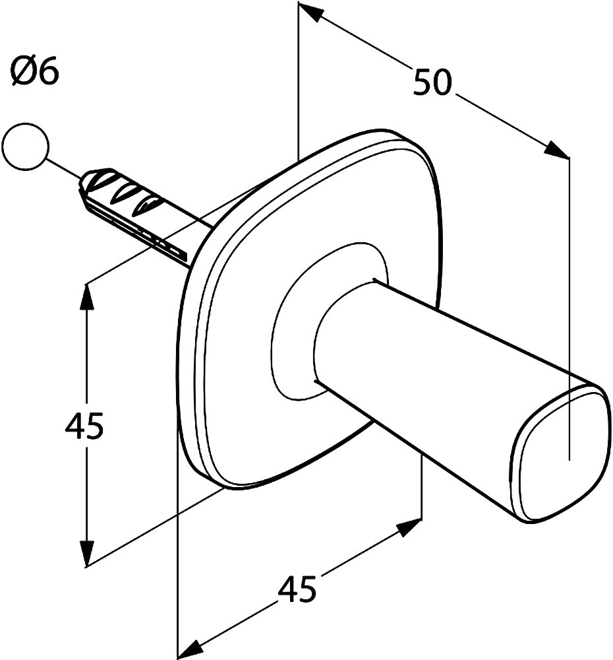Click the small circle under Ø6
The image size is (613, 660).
pos(25,147)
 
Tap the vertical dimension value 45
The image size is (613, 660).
pos(84,426)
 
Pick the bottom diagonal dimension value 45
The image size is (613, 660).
pos(297,589)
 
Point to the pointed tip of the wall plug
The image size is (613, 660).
pos(83,183)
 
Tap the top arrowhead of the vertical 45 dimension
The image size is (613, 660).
pos(86,294)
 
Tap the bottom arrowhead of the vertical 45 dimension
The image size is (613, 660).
pos(86,554)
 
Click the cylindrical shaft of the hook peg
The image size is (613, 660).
pos(448,370)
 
